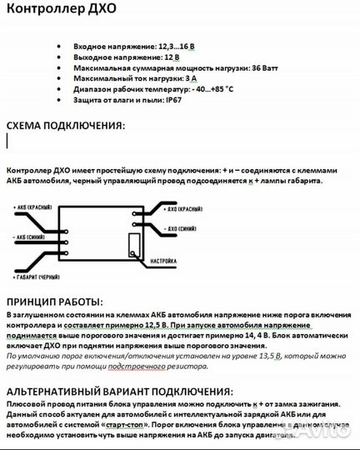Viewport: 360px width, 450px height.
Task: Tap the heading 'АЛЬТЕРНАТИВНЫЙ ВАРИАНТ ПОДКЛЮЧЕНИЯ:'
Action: tap(120, 391)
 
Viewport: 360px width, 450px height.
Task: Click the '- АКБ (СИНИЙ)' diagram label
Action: tap(34, 237)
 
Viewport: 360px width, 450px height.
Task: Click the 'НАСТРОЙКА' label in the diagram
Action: tap(167, 260)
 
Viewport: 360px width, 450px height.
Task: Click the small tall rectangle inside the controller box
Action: tap(133, 246)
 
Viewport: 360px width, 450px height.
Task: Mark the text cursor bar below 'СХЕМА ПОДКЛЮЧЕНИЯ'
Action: tap(7, 142)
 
